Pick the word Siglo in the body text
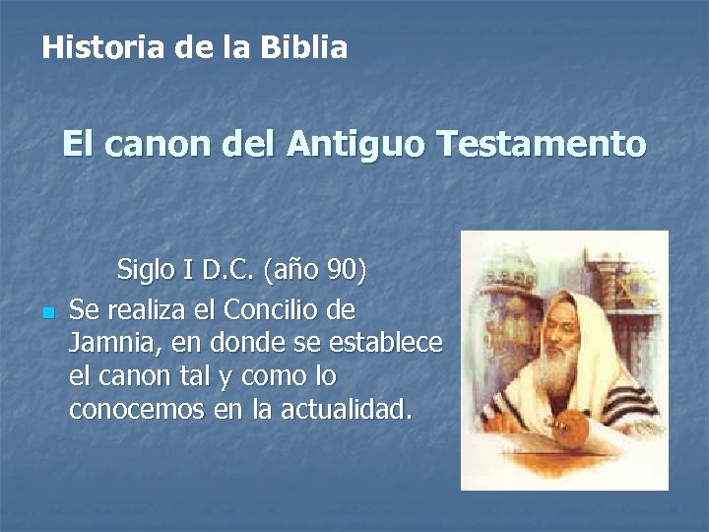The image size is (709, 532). coord(143,269)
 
